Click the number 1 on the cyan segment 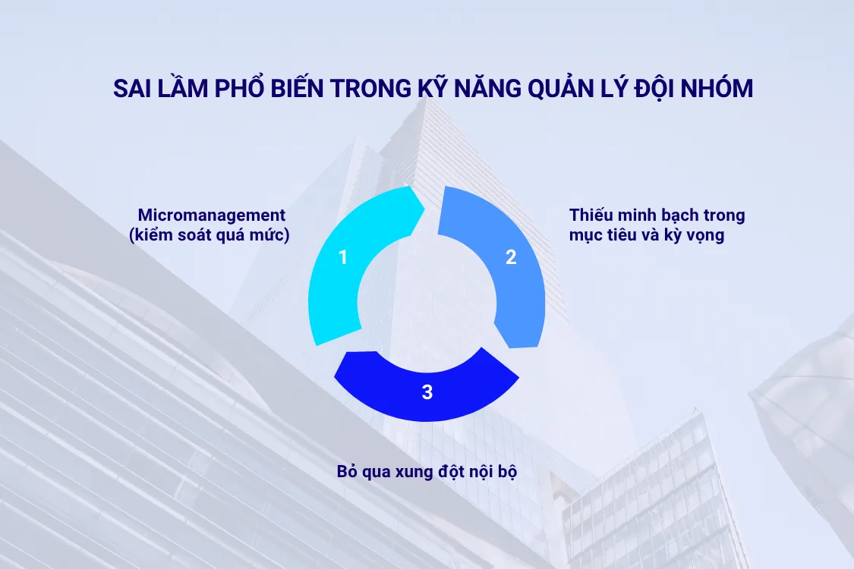(x=343, y=257)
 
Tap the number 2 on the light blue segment (x=511, y=257)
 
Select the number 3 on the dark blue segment (x=427, y=392)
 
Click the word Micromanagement (x=212, y=215)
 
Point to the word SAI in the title (x=131, y=89)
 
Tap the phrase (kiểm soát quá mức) (x=210, y=236)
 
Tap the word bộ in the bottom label (x=507, y=471)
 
